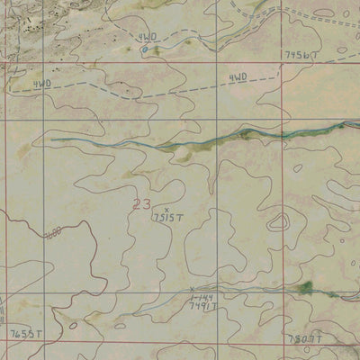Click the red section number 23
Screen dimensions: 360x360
point(140,204)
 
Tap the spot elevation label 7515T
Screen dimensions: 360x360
point(167,217)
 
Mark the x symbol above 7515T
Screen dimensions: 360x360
point(166,209)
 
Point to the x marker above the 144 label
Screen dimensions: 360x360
point(192,289)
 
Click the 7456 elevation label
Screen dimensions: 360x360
point(300,55)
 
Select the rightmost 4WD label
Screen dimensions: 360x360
point(238,78)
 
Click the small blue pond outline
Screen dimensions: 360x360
point(144,49)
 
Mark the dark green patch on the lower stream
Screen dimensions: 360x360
point(304,287)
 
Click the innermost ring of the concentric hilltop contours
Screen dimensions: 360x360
point(281,221)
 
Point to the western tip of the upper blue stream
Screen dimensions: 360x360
point(51,139)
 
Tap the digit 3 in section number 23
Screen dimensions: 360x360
point(146,204)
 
